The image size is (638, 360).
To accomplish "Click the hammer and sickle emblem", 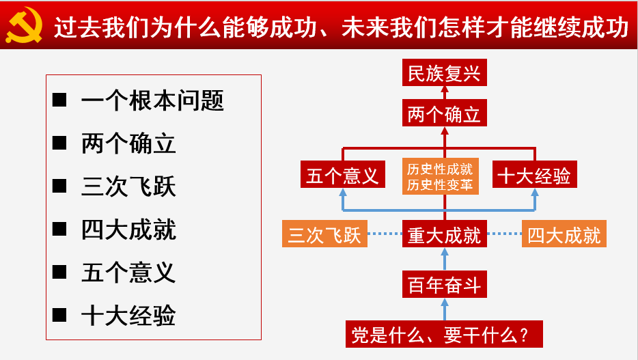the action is point(25,25).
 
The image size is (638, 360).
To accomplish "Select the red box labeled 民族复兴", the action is point(444,72).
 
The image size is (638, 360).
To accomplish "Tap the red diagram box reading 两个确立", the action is point(444,113).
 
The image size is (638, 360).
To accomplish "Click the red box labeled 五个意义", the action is point(343,174).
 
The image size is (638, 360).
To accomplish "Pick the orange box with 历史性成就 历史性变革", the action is point(441,176).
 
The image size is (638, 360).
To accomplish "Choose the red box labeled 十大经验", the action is point(535,174).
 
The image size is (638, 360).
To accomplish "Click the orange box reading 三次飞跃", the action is point(324,234).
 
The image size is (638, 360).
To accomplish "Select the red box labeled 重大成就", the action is point(444,234).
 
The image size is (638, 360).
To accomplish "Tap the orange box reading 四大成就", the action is point(564,234).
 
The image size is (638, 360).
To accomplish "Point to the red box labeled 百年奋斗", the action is point(444,284).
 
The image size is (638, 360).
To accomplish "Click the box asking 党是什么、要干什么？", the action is point(444,334).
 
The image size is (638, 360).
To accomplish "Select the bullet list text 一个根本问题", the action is point(152,100).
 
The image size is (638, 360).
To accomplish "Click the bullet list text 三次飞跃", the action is point(128,186).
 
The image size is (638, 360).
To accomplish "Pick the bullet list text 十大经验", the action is point(128,315).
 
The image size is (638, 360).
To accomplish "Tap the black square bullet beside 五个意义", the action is point(59,272).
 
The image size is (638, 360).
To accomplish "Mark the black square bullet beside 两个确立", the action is point(59,143).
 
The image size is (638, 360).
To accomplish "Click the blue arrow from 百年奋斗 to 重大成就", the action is point(445,259).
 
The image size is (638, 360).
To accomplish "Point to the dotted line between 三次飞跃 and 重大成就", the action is point(385,234).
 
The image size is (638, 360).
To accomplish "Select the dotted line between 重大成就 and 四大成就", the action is point(505,234).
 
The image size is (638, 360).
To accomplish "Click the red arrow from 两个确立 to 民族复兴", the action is point(445,93).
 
